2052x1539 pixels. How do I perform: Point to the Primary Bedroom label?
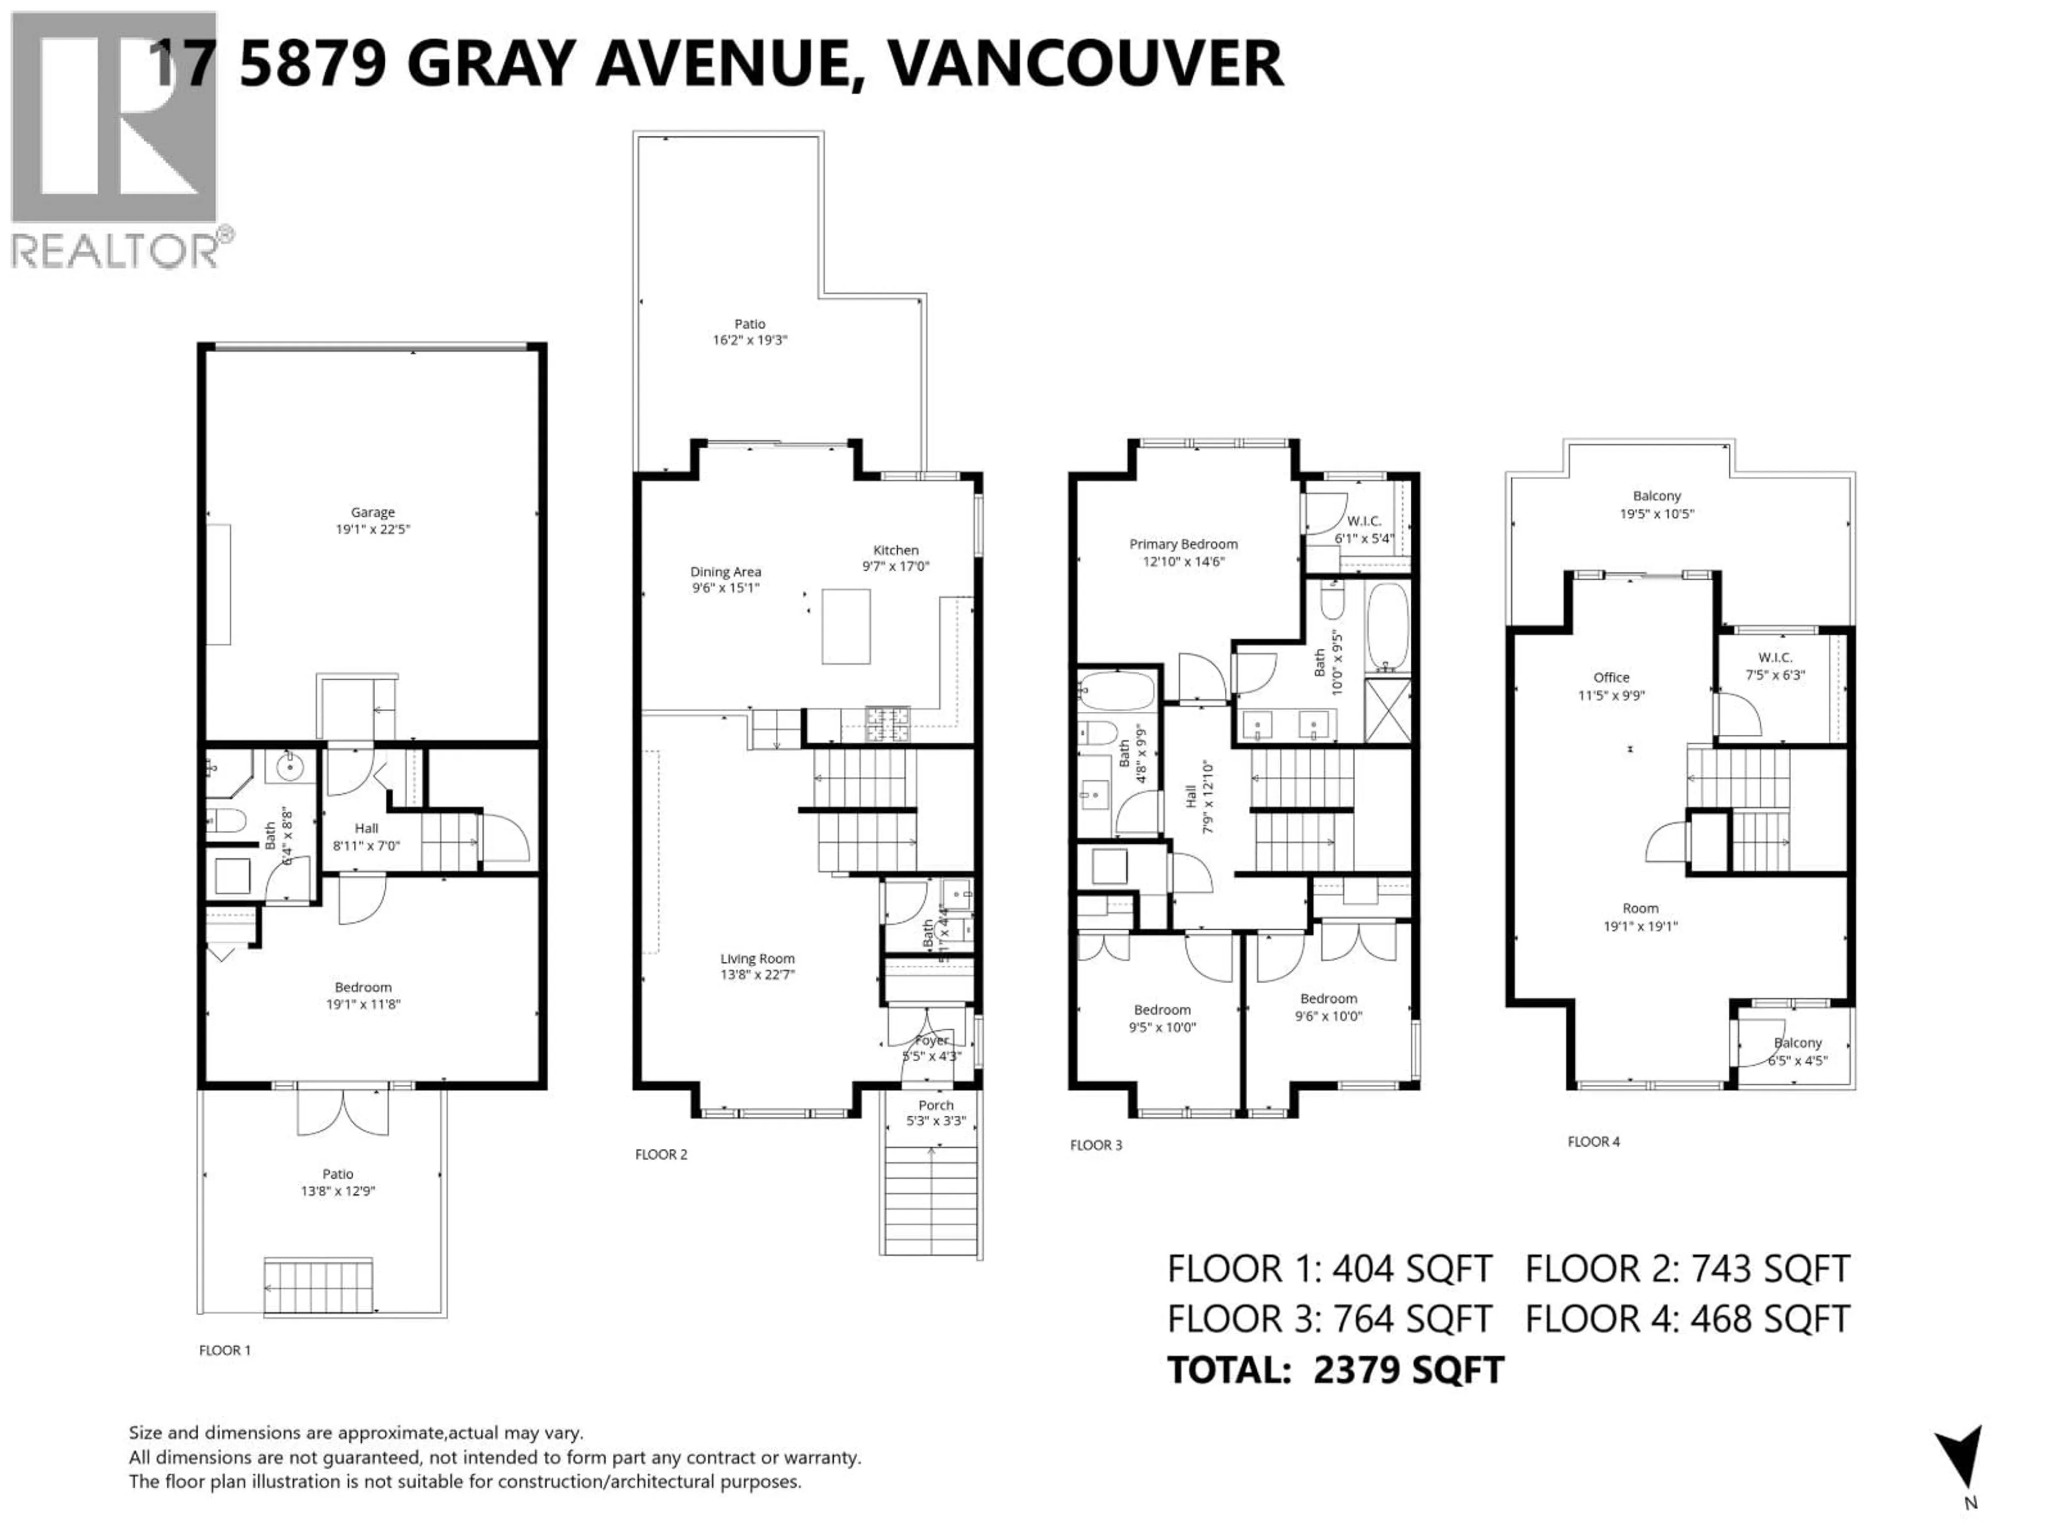pos(1183,545)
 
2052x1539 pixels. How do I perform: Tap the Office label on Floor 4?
pos(1611,677)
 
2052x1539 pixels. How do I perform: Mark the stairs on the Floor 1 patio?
pos(318,1286)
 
